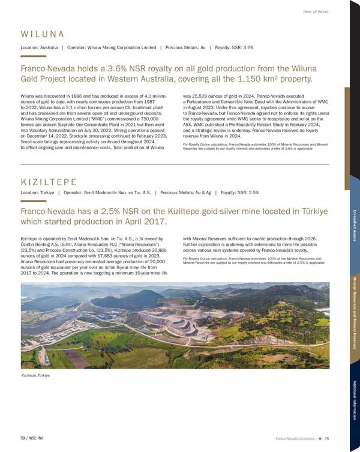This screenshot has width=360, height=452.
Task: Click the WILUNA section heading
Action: coord(42,34)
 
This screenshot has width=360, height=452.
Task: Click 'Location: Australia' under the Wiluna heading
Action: coord(40,46)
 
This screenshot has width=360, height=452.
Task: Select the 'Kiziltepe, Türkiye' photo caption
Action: coord(35,375)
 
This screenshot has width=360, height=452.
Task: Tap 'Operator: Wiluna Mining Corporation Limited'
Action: coord(110,46)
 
